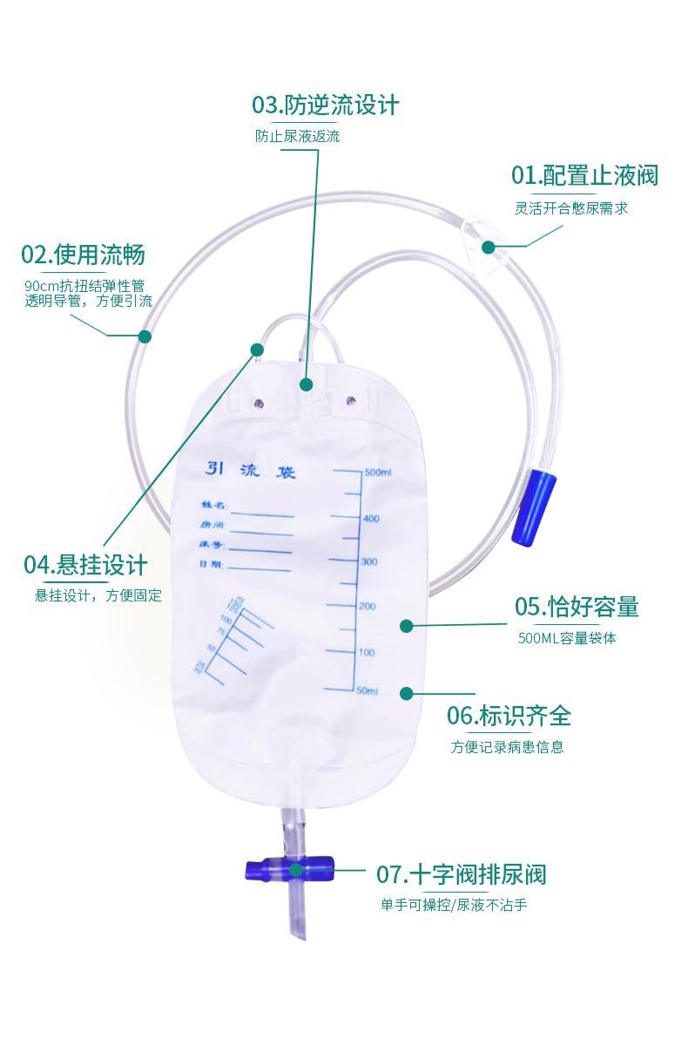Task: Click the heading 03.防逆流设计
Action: (325, 105)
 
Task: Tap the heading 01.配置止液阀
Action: (584, 175)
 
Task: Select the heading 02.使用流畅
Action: (83, 255)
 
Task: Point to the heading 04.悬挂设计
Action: (85, 565)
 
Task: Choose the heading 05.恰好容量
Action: (577, 607)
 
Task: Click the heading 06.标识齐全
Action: (509, 717)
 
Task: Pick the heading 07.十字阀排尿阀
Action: (461, 874)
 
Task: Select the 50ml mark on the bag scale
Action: (367, 691)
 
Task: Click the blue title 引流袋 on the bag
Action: (251, 471)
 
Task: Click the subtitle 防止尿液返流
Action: (297, 137)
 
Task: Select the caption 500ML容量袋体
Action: (567, 638)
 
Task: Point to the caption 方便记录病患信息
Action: (507, 747)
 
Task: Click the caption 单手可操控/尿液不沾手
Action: (453, 905)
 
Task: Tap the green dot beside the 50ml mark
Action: (406, 693)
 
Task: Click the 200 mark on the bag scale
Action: (368, 607)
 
